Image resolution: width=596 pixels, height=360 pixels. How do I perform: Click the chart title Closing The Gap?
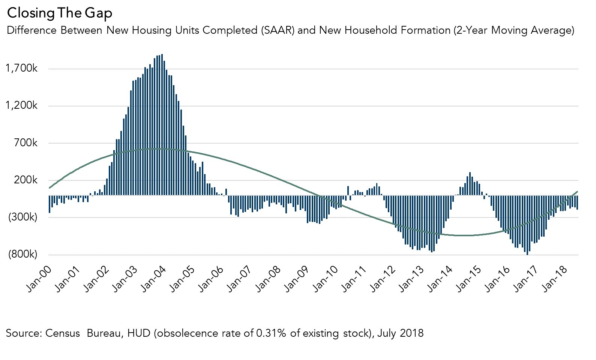pyautogui.click(x=59, y=13)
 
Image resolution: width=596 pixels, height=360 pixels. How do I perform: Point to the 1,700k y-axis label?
pyautogui.click(x=21, y=69)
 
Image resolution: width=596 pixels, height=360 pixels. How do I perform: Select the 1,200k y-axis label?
pyautogui.click(x=21, y=106)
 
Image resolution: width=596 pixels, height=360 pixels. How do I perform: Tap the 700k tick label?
pyautogui.click(x=26, y=143)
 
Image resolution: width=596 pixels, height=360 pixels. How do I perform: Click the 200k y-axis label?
pyautogui.click(x=26, y=180)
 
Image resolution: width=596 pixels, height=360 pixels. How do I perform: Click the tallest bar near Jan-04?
pyautogui.click(x=162, y=124)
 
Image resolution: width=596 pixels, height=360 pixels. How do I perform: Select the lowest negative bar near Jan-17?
pyautogui.click(x=527, y=225)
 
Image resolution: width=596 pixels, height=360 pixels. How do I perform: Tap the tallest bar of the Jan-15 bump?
pyautogui.click(x=470, y=184)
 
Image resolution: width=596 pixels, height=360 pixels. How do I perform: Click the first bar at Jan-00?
pyautogui.click(x=50, y=204)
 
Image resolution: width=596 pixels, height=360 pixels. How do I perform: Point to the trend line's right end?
pyautogui.click(x=577, y=192)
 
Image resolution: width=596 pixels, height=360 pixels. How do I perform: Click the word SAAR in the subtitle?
pyautogui.click(x=276, y=30)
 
